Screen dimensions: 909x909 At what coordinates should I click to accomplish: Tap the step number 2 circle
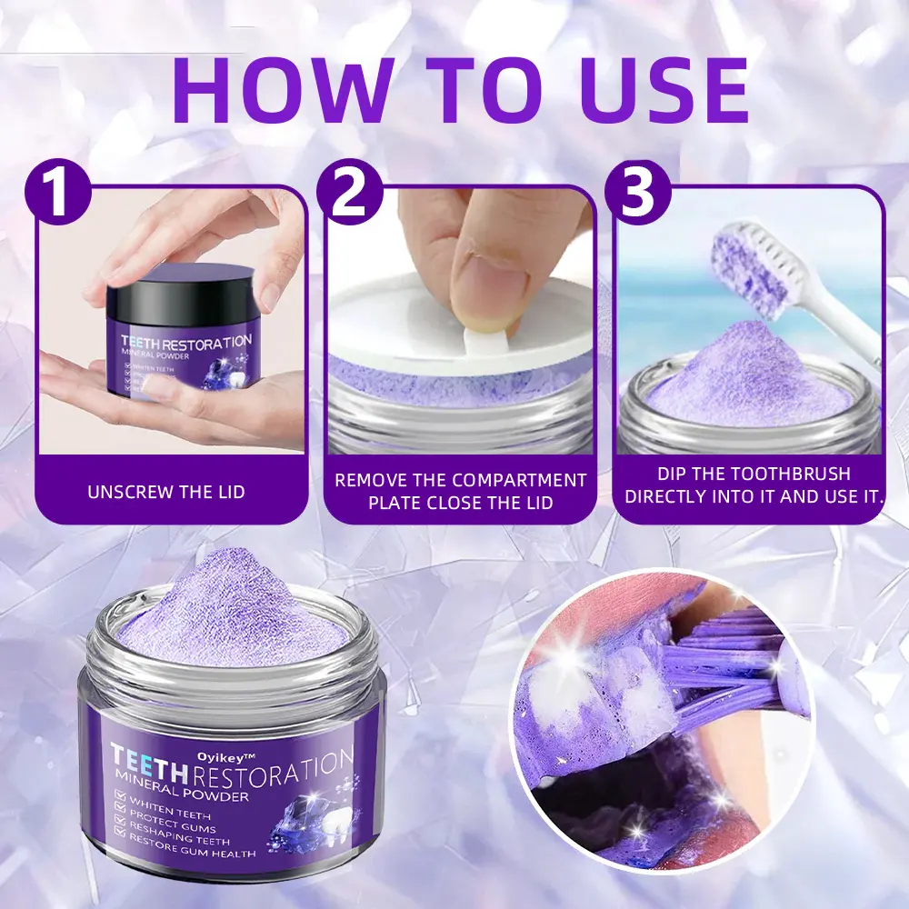coord(348,194)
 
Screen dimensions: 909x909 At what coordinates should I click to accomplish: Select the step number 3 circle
coord(640,194)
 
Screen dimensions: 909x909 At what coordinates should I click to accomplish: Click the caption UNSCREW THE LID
coord(166,492)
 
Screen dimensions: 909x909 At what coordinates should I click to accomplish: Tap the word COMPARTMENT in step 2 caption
coord(523,480)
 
